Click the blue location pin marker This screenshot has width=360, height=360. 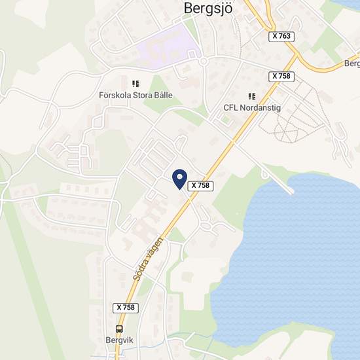pyautogui.click(x=179, y=177)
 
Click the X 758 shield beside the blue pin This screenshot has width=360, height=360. pyautogui.click(x=200, y=186)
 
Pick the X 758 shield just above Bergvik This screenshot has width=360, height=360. pyautogui.click(x=125, y=307)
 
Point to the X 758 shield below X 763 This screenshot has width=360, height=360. pyautogui.click(x=281, y=77)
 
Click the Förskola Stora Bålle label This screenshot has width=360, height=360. pyautogui.click(x=135, y=95)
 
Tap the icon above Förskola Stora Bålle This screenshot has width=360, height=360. pyautogui.click(x=136, y=84)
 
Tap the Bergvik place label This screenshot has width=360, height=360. pyautogui.click(x=118, y=340)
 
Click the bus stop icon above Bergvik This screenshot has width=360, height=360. pyautogui.click(x=119, y=329)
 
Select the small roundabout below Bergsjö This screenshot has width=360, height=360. pyautogui.click(x=204, y=62)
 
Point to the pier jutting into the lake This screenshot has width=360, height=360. pyautogui.click(x=278, y=182)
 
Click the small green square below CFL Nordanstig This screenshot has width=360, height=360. pyautogui.click(x=226, y=120)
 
